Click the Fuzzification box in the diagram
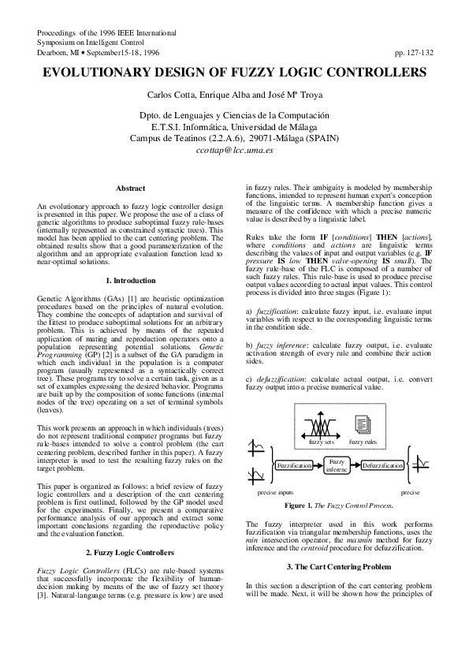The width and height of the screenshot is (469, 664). coord(294,467)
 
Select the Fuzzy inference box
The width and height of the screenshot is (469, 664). coord(337,466)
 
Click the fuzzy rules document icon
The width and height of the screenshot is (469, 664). coord(363,427)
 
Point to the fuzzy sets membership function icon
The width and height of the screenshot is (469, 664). coord(320,427)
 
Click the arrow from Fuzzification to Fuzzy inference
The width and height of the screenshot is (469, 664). coord(318,467)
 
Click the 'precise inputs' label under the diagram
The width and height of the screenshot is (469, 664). coord(274,491)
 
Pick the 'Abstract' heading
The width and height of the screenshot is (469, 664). coord(130,188)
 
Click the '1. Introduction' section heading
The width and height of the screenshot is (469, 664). coord(130,281)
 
